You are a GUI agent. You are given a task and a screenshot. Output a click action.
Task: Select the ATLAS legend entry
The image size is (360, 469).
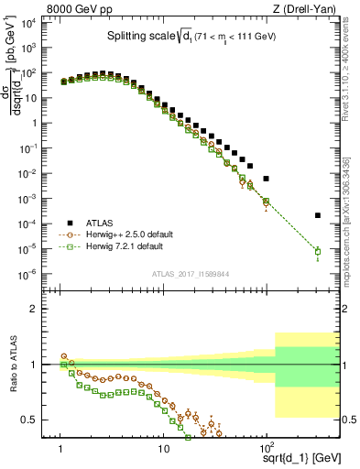click(x=100, y=222)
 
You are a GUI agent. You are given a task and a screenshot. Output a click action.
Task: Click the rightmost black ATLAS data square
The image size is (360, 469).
click(x=318, y=215)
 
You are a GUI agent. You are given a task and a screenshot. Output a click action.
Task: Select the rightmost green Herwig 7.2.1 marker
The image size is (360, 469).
click(x=318, y=252)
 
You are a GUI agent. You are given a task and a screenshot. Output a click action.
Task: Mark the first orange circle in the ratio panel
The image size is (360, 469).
click(x=63, y=355)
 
